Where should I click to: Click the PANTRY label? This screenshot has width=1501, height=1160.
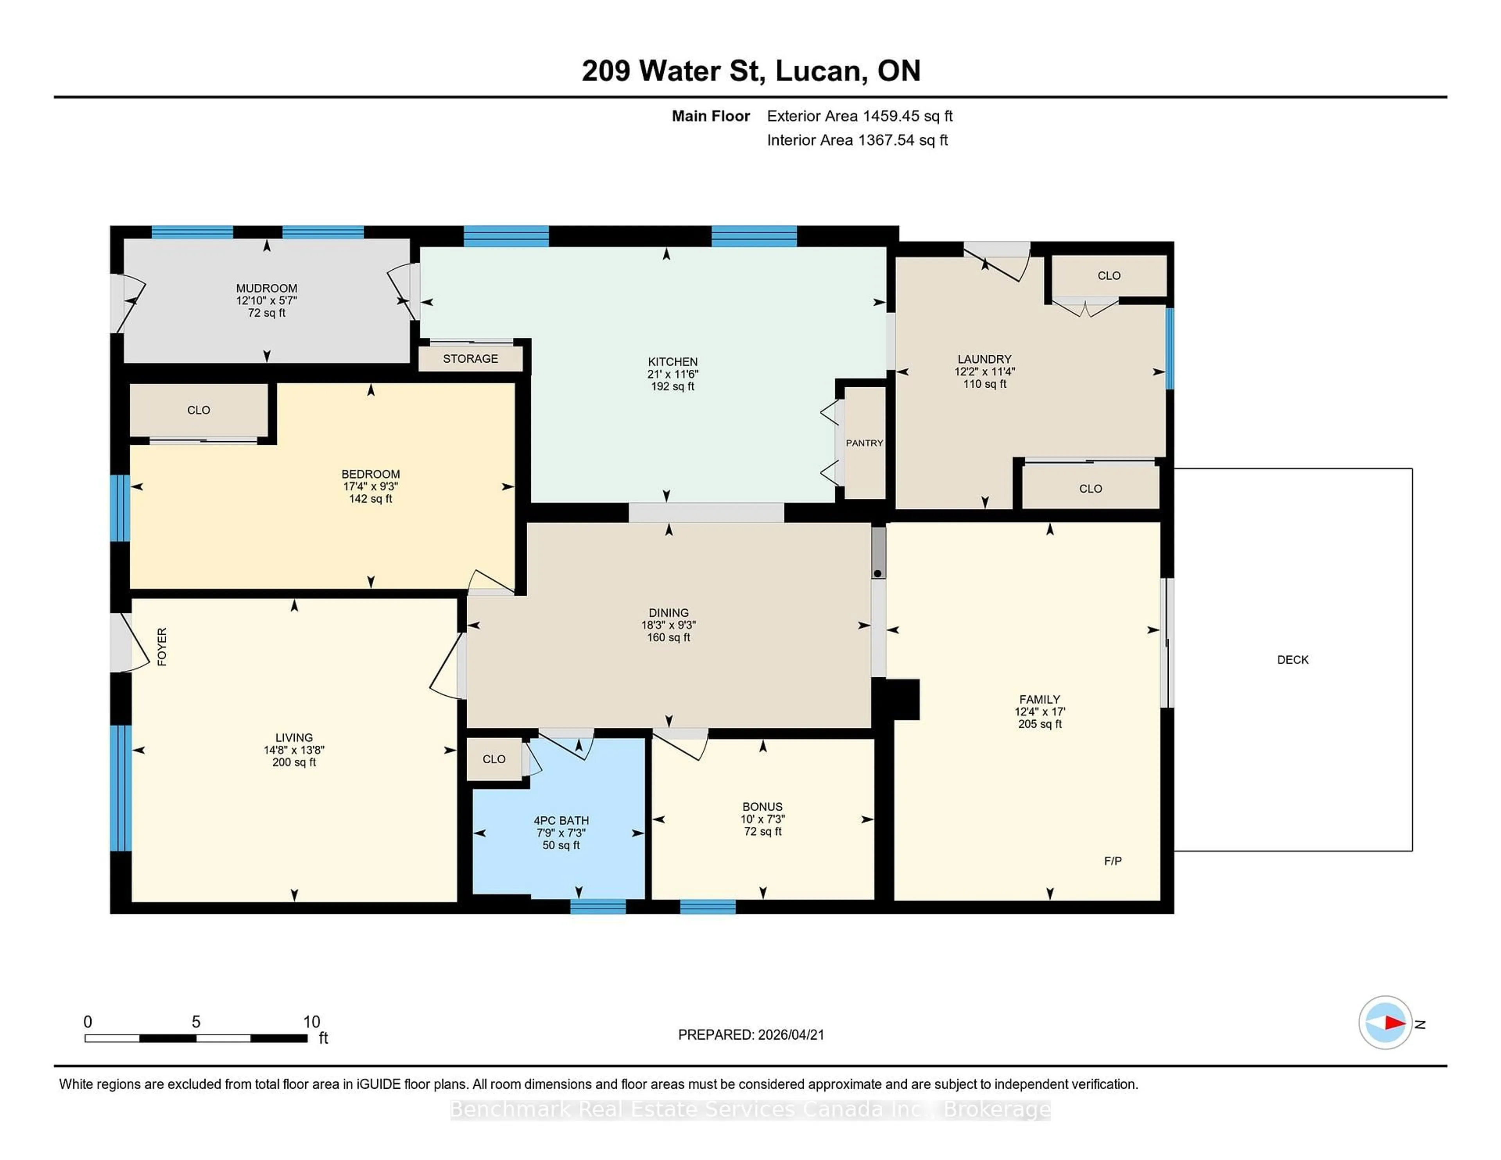[864, 443]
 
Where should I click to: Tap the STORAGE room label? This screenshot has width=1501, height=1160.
[470, 359]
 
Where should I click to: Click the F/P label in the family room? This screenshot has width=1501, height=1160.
[1113, 861]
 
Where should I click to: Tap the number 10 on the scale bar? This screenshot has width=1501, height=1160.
[311, 1022]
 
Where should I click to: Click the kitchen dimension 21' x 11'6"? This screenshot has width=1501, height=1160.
[672, 374]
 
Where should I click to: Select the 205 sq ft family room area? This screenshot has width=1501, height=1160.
[1040, 724]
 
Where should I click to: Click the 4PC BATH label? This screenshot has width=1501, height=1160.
[561, 820]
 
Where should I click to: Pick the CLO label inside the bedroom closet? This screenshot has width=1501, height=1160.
[199, 410]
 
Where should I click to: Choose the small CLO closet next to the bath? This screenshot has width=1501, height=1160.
[493, 759]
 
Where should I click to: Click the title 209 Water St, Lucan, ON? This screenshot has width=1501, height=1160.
[750, 71]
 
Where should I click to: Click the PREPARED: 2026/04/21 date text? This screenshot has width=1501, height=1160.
[750, 1035]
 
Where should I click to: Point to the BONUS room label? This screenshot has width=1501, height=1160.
[762, 807]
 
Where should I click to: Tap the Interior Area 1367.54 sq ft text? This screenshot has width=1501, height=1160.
[857, 140]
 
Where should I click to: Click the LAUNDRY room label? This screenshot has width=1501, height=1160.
[984, 360]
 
